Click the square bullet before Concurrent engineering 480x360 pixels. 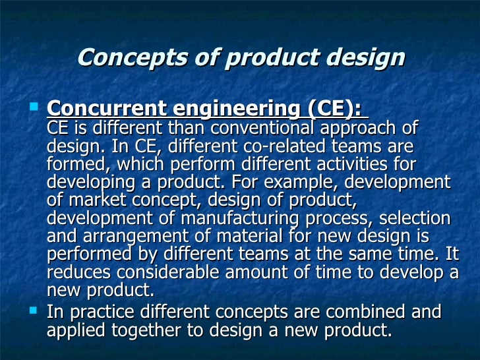(36, 105)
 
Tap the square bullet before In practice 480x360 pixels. (36, 308)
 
